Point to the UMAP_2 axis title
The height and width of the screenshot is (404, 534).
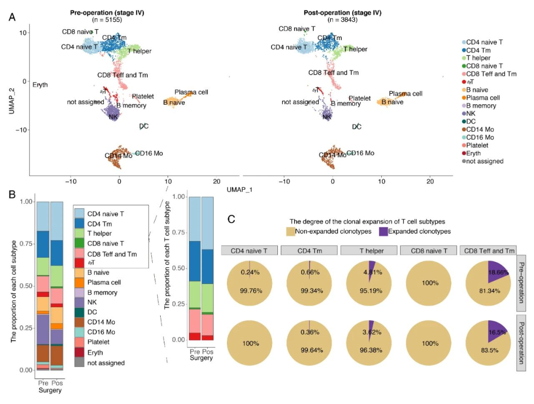tap(11, 99)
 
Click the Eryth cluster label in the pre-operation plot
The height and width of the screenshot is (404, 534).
tap(40, 85)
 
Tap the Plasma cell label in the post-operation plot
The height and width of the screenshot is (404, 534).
tap(405, 93)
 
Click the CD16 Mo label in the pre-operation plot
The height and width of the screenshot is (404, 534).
tap(149, 153)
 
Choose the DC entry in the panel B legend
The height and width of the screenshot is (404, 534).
tap(92, 312)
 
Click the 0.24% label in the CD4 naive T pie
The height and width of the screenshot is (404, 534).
tap(249, 272)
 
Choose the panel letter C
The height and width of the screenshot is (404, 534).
tap(231, 219)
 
